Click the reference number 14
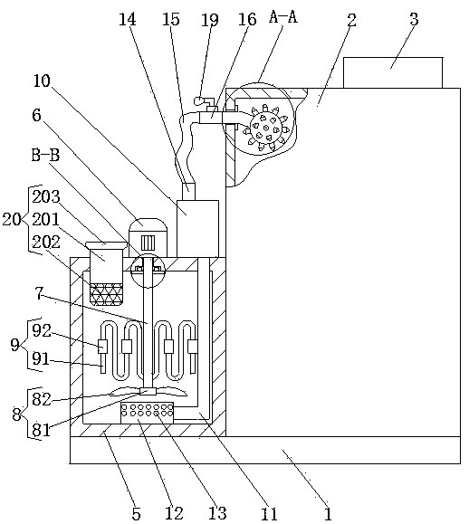[128, 19]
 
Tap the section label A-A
[283, 16]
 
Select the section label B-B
[45, 155]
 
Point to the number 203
[46, 196]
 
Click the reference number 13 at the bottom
[217, 513]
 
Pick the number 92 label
[42, 331]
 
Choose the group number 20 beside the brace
[12, 220]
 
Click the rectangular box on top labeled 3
[393, 72]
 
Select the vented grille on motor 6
[148, 243]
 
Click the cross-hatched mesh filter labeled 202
[106, 294]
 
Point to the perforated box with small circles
[147, 413]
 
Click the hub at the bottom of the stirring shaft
[148, 392]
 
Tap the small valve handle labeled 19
[203, 100]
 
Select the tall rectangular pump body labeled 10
[197, 229]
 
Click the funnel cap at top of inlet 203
[106, 245]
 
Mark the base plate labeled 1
[264, 450]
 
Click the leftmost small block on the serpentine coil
[102, 347]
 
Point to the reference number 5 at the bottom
[136, 514]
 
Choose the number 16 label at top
[247, 19]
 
